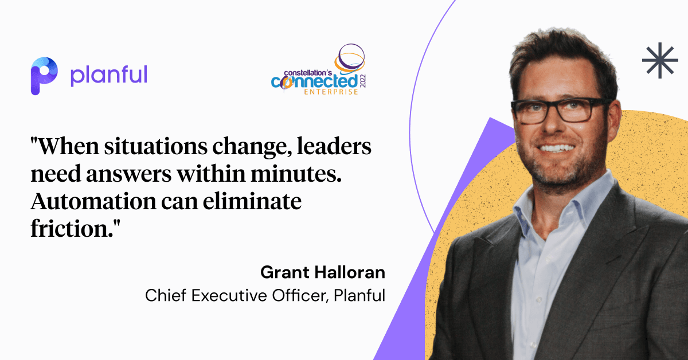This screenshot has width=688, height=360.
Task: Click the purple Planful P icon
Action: (44, 76)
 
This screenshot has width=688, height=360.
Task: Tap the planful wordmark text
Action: (109, 76)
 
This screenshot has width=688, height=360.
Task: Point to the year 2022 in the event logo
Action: (363, 81)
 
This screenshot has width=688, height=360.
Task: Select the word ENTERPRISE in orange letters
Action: (331, 92)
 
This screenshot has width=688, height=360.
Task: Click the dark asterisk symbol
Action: (660, 60)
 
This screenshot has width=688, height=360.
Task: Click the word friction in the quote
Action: (72, 229)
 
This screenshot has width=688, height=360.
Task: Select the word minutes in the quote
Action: (296, 174)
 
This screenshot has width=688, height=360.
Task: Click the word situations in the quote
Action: (155, 147)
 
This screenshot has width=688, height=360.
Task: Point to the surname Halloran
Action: (350, 272)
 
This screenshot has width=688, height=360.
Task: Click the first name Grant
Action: (285, 272)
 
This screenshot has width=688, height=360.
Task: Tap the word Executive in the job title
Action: (229, 295)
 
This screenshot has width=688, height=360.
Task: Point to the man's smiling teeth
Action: (557, 148)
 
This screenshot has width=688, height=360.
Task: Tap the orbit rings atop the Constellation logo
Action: (350, 58)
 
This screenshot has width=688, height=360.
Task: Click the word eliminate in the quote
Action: (252, 201)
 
